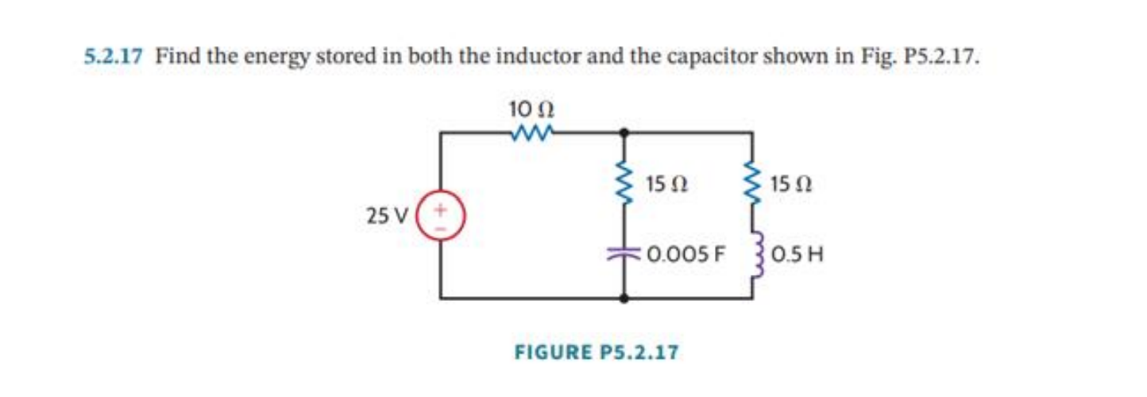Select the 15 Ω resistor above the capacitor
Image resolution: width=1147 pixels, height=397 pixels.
[626, 186]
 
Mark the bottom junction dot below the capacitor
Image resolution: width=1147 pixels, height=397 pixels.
[626, 299]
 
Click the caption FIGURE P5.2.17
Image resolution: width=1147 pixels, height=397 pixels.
[597, 350]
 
